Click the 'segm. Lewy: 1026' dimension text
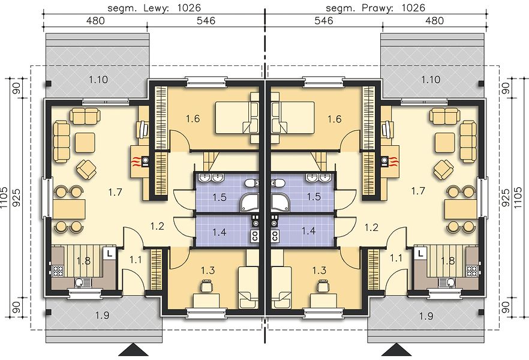pyautogui.click(x=154, y=7)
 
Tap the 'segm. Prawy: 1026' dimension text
pyautogui.click(x=375, y=7)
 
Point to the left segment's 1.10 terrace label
pyautogui.click(x=98, y=80)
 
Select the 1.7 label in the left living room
pyautogui.click(x=115, y=193)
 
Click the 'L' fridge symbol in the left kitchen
pyautogui.click(x=110, y=253)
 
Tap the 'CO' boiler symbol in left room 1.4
pyautogui.click(x=255, y=236)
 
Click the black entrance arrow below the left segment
pyautogui.click(x=134, y=350)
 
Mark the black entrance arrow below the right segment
pyautogui.click(x=396, y=350)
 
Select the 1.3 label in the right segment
pyautogui.click(x=319, y=271)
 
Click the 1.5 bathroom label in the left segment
pyautogui.click(x=220, y=197)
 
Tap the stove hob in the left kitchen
pyautogui.click(x=58, y=271)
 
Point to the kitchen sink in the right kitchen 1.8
pyautogui.click(x=447, y=283)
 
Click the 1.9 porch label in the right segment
pyautogui.click(x=426, y=316)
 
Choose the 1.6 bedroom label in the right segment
pyautogui.click(x=334, y=119)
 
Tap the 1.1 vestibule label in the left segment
pyautogui.click(x=136, y=260)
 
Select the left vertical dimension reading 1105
pyautogui.click(x=4, y=199)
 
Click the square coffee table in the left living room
pyautogui.click(x=85, y=142)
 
